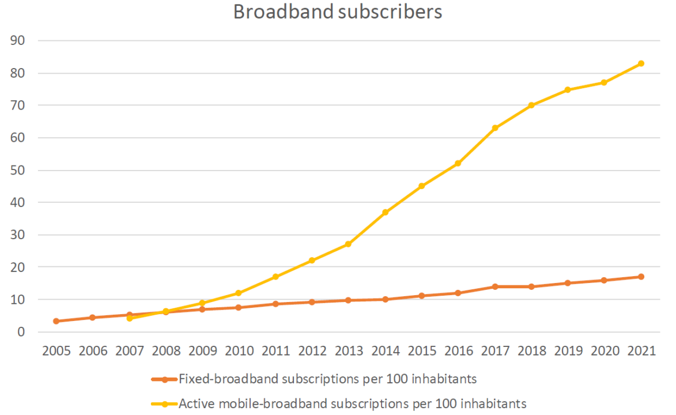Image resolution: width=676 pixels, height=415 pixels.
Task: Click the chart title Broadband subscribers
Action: coord(338,12)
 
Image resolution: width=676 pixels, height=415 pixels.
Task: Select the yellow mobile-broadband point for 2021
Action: coord(640,63)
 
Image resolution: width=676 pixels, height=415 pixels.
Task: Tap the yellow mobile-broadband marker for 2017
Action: coord(494,128)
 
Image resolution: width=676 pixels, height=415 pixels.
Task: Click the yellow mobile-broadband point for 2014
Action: coord(385,212)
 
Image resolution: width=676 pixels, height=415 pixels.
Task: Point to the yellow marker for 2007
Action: coord(129,318)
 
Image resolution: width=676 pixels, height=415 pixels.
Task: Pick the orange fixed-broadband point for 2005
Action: coord(56,321)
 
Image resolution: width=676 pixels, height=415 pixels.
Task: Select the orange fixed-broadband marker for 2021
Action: coord(640,277)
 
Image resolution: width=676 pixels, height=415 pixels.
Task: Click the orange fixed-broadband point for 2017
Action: coord(494,286)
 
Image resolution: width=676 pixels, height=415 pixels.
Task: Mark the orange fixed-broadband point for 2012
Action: coord(312,302)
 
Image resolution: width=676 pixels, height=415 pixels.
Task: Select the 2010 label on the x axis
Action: coord(239,351)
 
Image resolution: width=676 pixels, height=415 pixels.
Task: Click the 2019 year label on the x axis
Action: coord(567,351)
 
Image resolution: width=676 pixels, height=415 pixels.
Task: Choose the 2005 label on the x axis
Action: coord(56,351)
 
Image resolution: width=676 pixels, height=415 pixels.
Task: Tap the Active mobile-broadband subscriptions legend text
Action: coord(352,403)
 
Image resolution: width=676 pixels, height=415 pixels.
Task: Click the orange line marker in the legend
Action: coord(165,379)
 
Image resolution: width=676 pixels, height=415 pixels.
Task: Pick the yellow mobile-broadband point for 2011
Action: coord(275,277)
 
